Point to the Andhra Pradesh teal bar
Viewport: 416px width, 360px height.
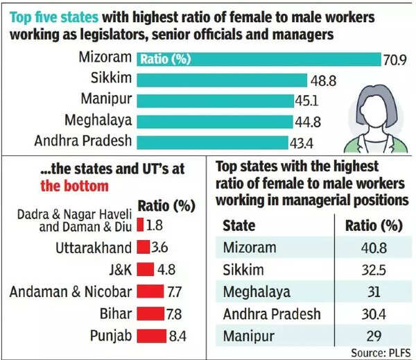tap(211, 142)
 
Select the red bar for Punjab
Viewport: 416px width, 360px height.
tap(153, 336)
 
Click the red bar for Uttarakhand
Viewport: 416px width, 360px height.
tap(144, 246)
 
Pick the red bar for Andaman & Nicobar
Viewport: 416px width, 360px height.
tap(151, 291)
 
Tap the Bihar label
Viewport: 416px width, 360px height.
tap(114, 314)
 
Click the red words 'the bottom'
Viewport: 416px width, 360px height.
tap(74, 185)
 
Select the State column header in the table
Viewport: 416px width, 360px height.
tap(239, 225)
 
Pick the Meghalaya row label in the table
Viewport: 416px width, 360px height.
tap(257, 291)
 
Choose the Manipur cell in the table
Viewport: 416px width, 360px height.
tap(250, 336)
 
